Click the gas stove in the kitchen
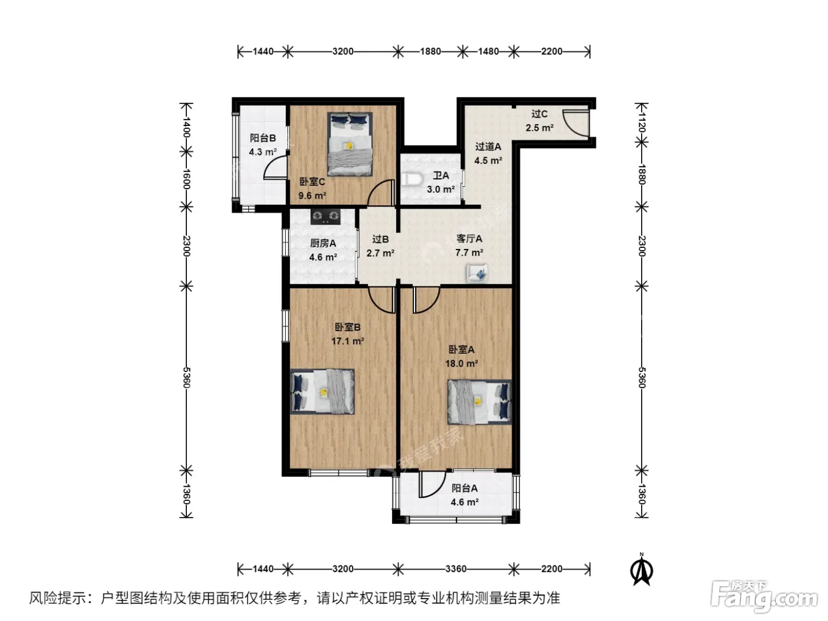pyautogui.click(x=325, y=216)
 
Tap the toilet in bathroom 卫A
pyautogui.click(x=411, y=179)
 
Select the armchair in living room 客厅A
pyautogui.click(x=477, y=273)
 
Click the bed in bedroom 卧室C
pyautogui.click(x=350, y=144)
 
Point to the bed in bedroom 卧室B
pyautogui.click(x=322, y=392)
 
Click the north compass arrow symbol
pyautogui.click(x=642, y=570)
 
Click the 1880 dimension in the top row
pyautogui.click(x=431, y=51)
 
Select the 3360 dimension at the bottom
pyautogui.click(x=455, y=568)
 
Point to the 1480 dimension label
pyautogui.click(x=488, y=51)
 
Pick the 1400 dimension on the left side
pyautogui.click(x=186, y=127)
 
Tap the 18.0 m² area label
pyautogui.click(x=461, y=364)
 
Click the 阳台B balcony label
pyautogui.click(x=263, y=138)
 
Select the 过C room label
pyautogui.click(x=539, y=114)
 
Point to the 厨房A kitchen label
pyautogui.click(x=323, y=243)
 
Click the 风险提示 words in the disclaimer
pyautogui.click(x=57, y=598)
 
